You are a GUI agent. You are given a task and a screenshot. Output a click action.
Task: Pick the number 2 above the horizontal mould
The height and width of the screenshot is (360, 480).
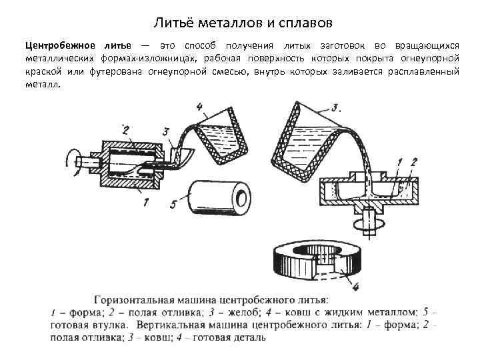click(x=125, y=128)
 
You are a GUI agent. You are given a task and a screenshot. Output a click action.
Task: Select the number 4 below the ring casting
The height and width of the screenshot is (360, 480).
click(x=355, y=287)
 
